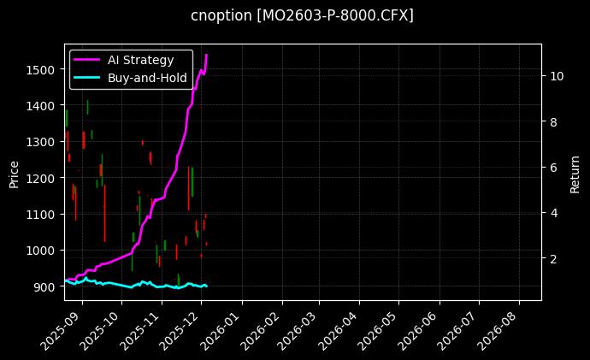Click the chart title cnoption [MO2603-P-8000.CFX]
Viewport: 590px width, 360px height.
pyautogui.click(x=302, y=15)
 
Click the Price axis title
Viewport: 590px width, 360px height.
pyautogui.click(x=14, y=172)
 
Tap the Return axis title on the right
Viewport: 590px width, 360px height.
pyautogui.click(x=575, y=172)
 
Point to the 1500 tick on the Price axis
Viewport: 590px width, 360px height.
pyautogui.click(x=43, y=69)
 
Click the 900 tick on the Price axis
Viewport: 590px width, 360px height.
pyautogui.click(x=46, y=286)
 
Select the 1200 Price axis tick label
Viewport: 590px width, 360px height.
pyautogui.click(x=43, y=178)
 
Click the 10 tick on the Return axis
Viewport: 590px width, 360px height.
pyautogui.click(x=556, y=75)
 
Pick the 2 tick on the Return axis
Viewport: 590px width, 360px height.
pyautogui.click(x=552, y=259)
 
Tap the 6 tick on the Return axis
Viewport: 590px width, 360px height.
pyautogui.click(x=552, y=168)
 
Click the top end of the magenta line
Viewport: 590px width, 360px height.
pyautogui.click(x=206, y=56)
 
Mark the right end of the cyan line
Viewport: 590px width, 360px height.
pyautogui.click(x=207, y=286)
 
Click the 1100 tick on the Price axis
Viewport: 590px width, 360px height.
pyautogui.click(x=43, y=215)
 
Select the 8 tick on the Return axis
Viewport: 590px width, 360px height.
pyautogui.click(x=552, y=121)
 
